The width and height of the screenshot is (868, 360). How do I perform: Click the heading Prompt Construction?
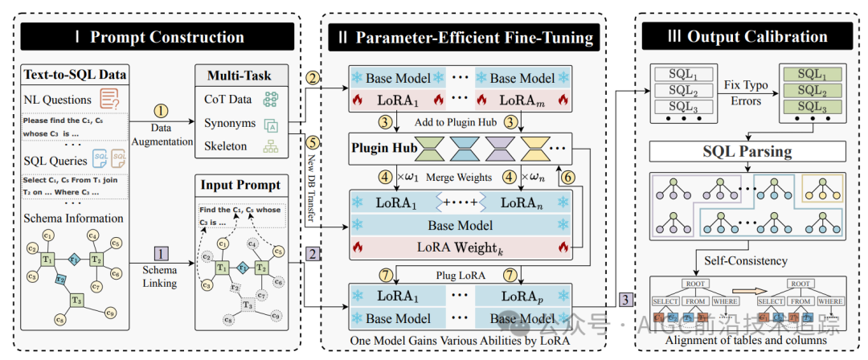[x=167, y=37]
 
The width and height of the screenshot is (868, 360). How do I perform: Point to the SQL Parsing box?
[x=747, y=152]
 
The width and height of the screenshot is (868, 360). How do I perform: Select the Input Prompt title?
[x=240, y=185]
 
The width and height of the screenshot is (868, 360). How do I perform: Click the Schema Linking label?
[x=162, y=277]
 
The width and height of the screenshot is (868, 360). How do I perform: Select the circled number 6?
[x=567, y=177]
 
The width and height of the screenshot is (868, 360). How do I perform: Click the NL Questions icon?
[x=109, y=100]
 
